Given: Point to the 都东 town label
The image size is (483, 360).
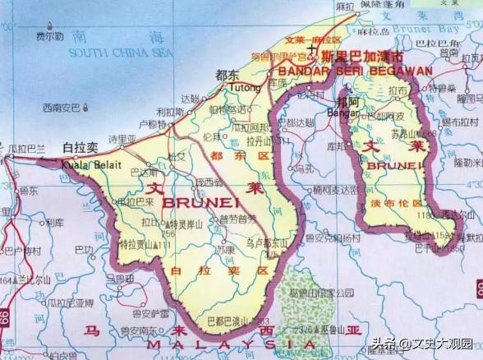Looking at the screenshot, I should [227, 75].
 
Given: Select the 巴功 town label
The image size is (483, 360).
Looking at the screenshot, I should [84, 248].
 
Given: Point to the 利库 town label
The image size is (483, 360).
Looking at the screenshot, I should [55, 222].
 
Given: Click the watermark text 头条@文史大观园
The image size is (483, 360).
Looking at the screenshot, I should [425, 343].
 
